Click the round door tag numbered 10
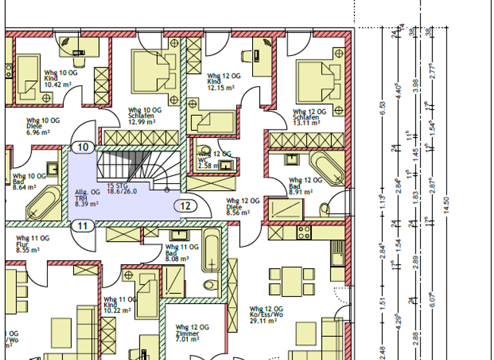point(83,147)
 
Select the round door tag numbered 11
point(83,226)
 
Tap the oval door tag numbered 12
point(185,206)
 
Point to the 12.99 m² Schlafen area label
point(143,116)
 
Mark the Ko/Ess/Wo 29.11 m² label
point(266,312)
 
